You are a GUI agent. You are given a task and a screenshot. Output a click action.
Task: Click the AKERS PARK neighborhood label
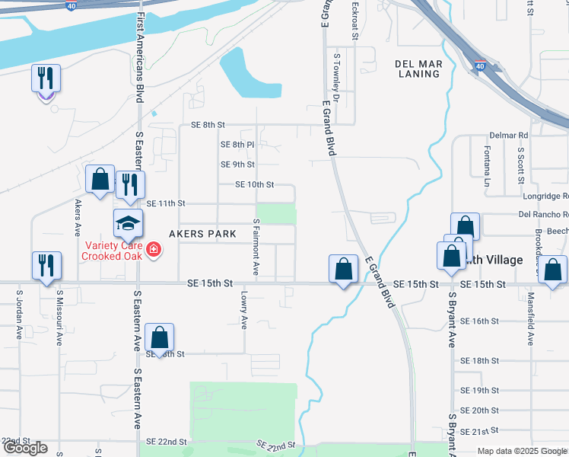pos(202,234)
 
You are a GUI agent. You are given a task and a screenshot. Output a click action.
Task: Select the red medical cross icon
pos(153,250)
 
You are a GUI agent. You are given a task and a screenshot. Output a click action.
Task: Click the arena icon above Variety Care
pos(129,223)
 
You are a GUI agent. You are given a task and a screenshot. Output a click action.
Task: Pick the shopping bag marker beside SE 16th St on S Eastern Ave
pos(159,337)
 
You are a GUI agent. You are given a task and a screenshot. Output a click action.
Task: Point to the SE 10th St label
pos(254,184)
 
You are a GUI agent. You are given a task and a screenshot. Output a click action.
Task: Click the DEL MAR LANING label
pos(418,69)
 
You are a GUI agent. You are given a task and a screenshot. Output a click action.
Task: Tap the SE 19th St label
pos(479,391)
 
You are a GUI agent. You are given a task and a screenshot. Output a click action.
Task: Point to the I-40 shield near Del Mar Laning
pos(479,68)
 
